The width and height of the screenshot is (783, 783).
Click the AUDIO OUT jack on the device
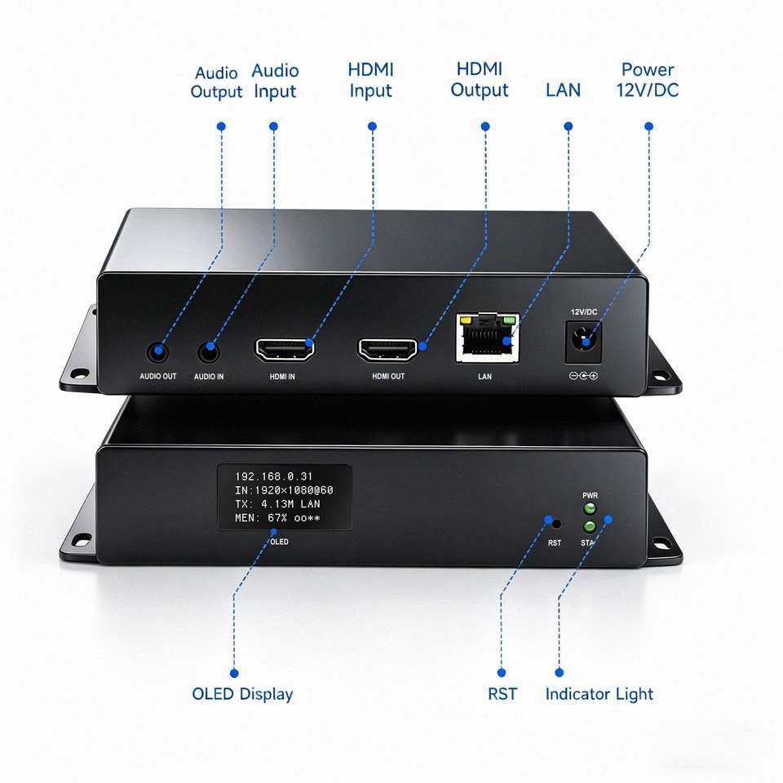[x=157, y=352]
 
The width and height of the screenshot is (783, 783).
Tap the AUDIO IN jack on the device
[x=209, y=352]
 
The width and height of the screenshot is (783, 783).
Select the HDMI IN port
[x=285, y=349]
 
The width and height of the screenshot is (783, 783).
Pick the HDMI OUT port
[x=387, y=349]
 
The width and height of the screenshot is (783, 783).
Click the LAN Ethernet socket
[x=487, y=338]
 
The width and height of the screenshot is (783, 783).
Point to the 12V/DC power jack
[x=583, y=342]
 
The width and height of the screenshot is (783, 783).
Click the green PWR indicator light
[x=590, y=509]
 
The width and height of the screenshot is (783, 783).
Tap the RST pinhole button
[x=555, y=524]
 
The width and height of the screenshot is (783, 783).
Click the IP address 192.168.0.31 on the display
[x=274, y=476]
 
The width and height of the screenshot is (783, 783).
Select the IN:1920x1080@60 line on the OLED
[x=284, y=490]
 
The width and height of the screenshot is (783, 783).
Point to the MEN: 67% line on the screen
[x=277, y=518]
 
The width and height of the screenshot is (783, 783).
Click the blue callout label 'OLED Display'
[x=242, y=693]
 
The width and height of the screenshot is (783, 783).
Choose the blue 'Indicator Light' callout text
[x=599, y=693]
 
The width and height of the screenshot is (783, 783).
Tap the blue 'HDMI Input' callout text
[x=370, y=80]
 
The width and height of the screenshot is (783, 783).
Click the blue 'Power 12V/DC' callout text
[x=647, y=80]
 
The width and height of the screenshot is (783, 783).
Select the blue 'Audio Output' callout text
[x=216, y=82]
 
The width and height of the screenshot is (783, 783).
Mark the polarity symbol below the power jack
[x=583, y=375]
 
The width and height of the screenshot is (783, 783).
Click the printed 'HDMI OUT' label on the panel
[x=388, y=376]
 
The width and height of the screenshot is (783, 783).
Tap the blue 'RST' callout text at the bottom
[x=502, y=693]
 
